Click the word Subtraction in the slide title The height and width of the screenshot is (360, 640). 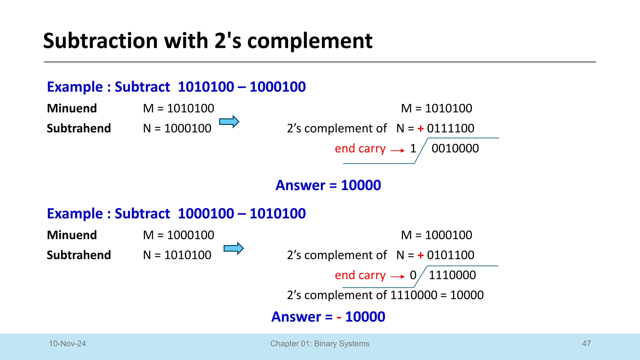pos(100,41)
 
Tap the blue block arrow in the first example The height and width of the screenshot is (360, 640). pos(229,122)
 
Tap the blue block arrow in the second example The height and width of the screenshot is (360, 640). pos(233,248)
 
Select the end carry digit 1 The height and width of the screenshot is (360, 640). pos(413,148)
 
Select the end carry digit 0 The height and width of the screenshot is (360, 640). pos(413,275)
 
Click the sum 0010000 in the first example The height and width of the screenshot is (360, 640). pos(455,148)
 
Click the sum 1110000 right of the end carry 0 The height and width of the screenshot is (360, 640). pos(452,275)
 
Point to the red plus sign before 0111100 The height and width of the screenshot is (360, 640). pos(421,128)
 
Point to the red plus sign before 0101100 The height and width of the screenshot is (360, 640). pos(421,255)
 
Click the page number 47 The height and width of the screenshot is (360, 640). pos(586,343)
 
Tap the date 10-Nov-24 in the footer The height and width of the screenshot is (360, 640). pos(67,343)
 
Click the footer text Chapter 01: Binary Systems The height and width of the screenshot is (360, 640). pos(320,343)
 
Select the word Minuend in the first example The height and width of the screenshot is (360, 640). pos(72,108)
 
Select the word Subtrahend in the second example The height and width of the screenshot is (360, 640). pos(79,255)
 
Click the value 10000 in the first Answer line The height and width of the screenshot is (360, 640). pos(361,185)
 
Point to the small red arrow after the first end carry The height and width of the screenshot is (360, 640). pos(397,151)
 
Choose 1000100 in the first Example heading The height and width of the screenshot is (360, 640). pos(277,87)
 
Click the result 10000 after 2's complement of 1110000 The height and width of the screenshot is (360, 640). pos(467,295)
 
